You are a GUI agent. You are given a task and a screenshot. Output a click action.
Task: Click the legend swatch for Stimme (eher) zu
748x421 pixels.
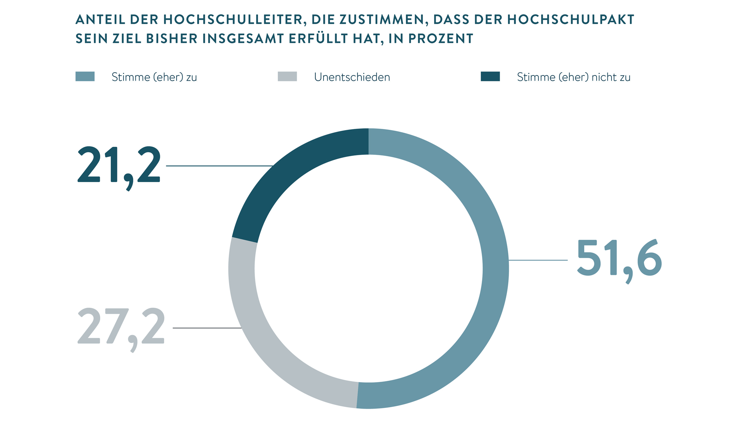[x=85, y=76]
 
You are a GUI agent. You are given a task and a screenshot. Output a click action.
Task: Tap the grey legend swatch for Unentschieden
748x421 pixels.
[x=287, y=76]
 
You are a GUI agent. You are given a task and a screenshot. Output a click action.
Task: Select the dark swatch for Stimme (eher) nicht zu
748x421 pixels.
[x=490, y=76]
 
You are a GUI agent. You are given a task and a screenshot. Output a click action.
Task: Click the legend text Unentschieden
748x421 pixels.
[x=352, y=77]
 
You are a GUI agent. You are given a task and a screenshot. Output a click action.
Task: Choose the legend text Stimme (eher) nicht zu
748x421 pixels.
[x=573, y=77]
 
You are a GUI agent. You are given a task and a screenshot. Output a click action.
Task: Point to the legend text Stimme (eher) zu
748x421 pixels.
[x=154, y=77]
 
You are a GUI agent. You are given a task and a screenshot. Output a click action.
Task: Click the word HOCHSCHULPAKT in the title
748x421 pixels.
[x=571, y=19]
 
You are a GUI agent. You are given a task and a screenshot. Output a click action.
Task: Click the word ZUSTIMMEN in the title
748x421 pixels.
[x=383, y=19]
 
